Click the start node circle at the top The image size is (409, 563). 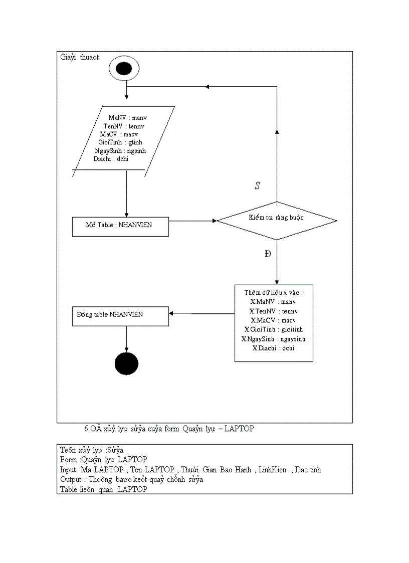pos(124,69)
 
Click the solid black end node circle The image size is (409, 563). pos(126,363)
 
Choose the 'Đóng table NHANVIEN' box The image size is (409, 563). pos(120,315)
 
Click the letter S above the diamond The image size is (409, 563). pos(257,186)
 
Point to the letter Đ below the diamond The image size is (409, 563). pos(268,254)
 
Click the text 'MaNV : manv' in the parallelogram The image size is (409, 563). pos(127,118)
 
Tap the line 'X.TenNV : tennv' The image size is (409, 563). pos(273,311)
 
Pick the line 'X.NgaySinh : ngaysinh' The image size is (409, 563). pos(273,339)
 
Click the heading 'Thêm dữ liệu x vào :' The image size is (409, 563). pos(273,292)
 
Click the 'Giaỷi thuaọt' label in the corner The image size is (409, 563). pos(79,57)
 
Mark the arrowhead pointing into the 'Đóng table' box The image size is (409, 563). pos(171,313)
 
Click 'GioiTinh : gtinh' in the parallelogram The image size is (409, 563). pos(121,142)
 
